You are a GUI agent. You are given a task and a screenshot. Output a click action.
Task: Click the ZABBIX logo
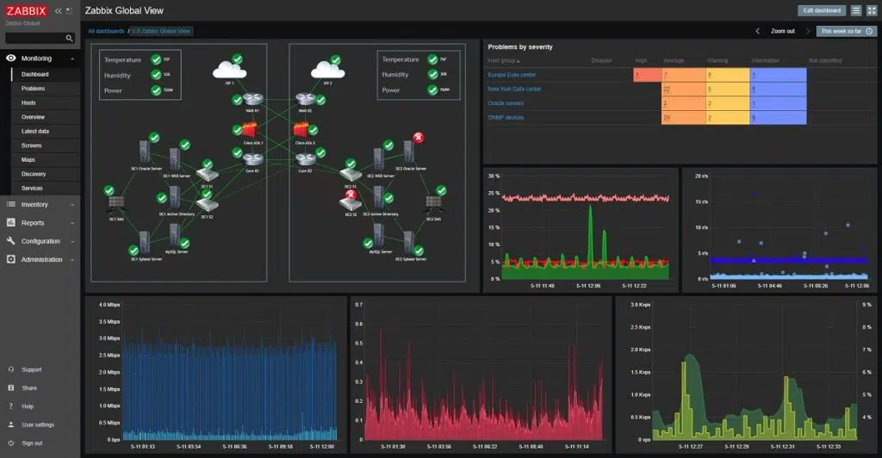click(x=27, y=10)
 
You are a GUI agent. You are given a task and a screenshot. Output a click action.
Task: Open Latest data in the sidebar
click(x=35, y=131)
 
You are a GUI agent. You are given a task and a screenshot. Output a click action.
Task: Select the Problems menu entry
click(x=34, y=89)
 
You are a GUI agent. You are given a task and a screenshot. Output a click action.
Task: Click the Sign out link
click(x=32, y=443)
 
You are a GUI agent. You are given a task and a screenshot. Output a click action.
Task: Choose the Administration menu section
click(x=41, y=259)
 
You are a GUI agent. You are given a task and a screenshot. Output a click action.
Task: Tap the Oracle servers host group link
click(x=506, y=103)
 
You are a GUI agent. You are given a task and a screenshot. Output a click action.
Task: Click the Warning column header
click(x=717, y=61)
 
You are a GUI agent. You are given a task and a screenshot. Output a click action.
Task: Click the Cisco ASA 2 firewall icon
click(x=302, y=131)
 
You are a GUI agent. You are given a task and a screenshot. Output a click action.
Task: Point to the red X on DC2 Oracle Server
click(x=418, y=137)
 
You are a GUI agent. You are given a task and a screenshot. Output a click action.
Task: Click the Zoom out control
click(x=782, y=31)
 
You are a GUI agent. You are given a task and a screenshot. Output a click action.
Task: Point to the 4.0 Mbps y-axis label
click(x=109, y=305)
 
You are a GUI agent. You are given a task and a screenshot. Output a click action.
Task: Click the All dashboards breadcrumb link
click(x=105, y=31)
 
